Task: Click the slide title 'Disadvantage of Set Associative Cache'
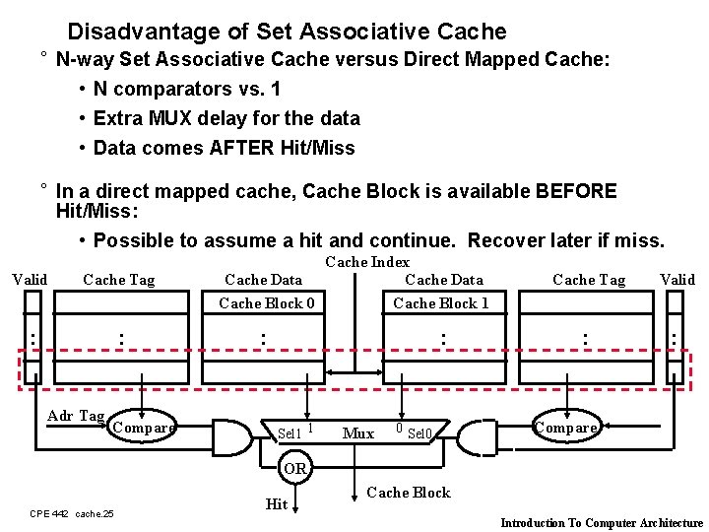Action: [x=287, y=32]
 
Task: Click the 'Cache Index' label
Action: [x=366, y=262]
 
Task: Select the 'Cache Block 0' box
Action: [x=267, y=303]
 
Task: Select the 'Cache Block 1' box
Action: [x=440, y=303]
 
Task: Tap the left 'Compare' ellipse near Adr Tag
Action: [x=144, y=428]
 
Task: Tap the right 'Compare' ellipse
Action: [x=565, y=428]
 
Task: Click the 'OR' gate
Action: [x=294, y=468]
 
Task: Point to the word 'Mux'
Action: [x=357, y=433]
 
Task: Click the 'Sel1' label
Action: [x=290, y=433]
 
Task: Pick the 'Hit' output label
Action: [x=277, y=504]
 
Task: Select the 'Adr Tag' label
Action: [x=76, y=416]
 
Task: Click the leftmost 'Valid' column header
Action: [x=29, y=280]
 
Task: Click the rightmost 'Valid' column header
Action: [x=677, y=280]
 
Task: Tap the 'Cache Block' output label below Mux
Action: [x=408, y=493]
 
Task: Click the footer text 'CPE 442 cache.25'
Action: [x=72, y=513]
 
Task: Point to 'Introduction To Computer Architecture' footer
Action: [x=602, y=523]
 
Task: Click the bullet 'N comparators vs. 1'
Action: [x=186, y=89]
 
